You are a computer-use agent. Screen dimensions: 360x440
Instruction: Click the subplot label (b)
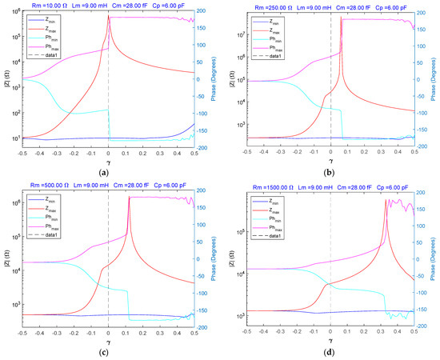pyautogui.click(x=330, y=172)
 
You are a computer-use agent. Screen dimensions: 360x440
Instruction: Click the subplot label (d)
pyautogui.click(x=330, y=352)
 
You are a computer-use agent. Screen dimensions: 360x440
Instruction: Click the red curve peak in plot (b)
pyautogui.click(x=342, y=18)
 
